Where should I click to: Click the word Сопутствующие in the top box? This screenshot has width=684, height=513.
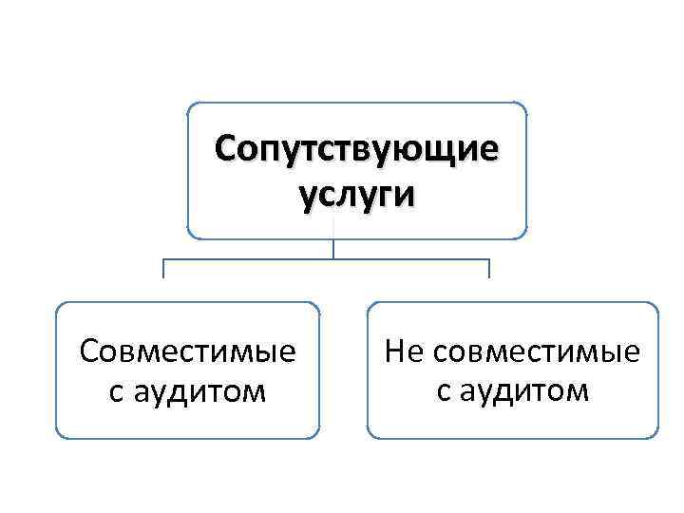(356, 150)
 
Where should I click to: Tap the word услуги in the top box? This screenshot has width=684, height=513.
(356, 193)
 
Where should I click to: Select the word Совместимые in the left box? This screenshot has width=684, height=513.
(187, 352)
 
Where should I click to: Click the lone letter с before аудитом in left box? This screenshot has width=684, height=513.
(116, 390)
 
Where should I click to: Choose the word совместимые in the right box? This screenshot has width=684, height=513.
(537, 352)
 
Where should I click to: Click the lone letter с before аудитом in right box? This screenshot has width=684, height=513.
(445, 390)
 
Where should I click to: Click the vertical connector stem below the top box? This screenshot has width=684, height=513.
(333, 248)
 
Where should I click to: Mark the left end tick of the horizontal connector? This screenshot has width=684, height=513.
(163, 269)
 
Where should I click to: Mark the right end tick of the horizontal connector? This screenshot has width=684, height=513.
(489, 269)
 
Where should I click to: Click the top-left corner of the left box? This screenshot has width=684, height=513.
(61, 307)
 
